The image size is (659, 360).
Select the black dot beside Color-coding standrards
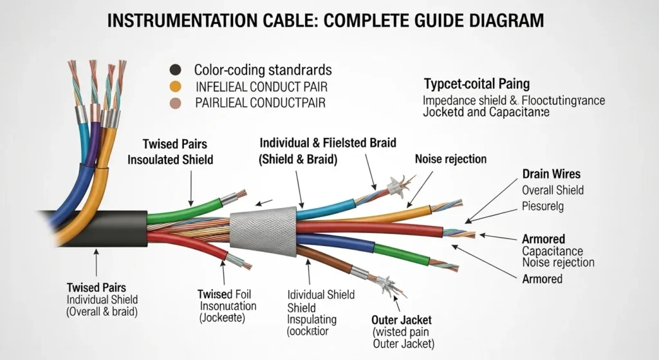click(174, 70)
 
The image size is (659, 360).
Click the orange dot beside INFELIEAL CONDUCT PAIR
click(174, 86)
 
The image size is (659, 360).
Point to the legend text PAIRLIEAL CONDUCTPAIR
click(261, 103)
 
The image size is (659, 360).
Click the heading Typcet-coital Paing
click(477, 84)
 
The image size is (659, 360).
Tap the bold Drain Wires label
click(551, 174)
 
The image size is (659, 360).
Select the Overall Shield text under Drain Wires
click(553, 190)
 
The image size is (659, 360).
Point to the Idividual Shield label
click(320, 294)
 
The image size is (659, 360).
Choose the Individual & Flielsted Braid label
click(328, 143)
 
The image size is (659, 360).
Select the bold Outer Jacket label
click(402, 320)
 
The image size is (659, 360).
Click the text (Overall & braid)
click(103, 312)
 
